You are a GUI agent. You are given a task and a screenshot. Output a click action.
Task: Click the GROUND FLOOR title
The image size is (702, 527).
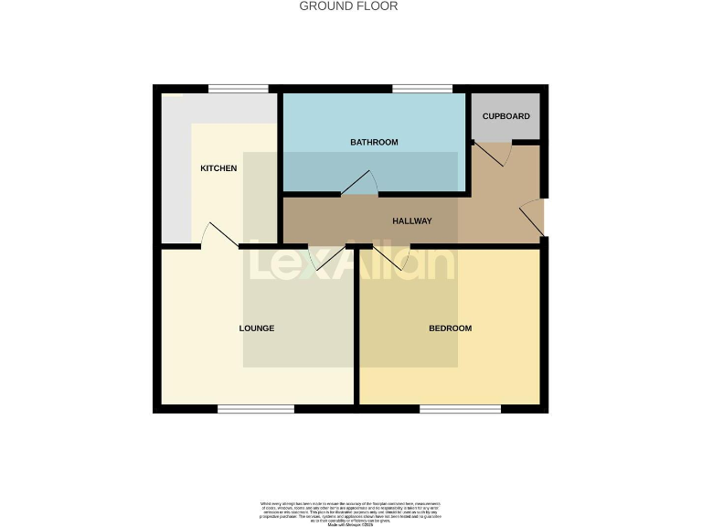(349, 6)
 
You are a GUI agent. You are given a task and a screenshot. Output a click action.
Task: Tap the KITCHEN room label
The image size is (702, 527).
(218, 168)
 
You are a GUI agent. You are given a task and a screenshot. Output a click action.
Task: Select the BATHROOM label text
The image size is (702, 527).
(374, 143)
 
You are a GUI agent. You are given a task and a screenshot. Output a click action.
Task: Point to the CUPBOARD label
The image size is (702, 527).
(505, 117)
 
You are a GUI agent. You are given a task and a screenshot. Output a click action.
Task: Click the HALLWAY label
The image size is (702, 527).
(412, 221)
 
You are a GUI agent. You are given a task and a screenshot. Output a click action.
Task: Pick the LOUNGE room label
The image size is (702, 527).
(257, 328)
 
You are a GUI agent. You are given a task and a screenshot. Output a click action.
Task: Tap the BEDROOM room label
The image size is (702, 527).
(451, 328)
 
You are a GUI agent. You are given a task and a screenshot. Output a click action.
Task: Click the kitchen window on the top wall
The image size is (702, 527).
(239, 89)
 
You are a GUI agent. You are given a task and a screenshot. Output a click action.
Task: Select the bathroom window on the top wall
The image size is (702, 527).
(422, 89)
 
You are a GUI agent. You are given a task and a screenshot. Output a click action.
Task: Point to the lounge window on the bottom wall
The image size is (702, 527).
(256, 408)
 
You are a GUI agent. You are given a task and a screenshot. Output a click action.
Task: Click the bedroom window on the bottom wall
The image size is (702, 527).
(460, 408)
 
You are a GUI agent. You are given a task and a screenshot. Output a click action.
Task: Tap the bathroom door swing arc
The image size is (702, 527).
(362, 184)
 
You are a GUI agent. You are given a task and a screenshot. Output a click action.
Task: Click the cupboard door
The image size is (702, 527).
(493, 154)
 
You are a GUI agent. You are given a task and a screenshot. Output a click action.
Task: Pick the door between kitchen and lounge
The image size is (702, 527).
(218, 235)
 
